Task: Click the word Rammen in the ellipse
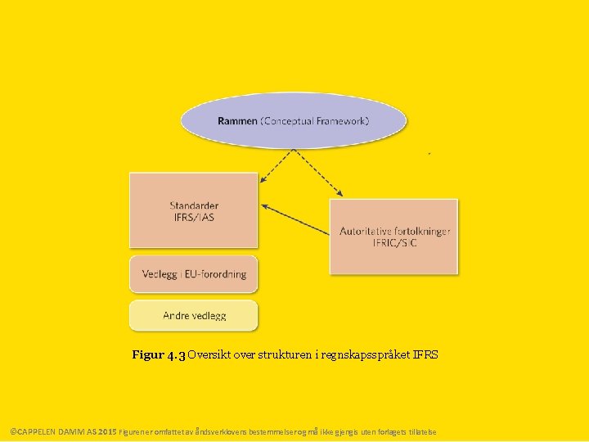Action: click(x=237, y=121)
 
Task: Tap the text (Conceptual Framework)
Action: click(x=315, y=121)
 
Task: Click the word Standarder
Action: click(x=194, y=205)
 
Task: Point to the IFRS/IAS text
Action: click(x=194, y=218)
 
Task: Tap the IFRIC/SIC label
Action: click(x=394, y=243)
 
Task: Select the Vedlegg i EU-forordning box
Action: click(x=194, y=274)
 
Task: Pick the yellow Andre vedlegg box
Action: click(x=194, y=315)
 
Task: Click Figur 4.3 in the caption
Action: click(x=159, y=355)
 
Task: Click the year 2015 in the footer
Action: click(x=108, y=431)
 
